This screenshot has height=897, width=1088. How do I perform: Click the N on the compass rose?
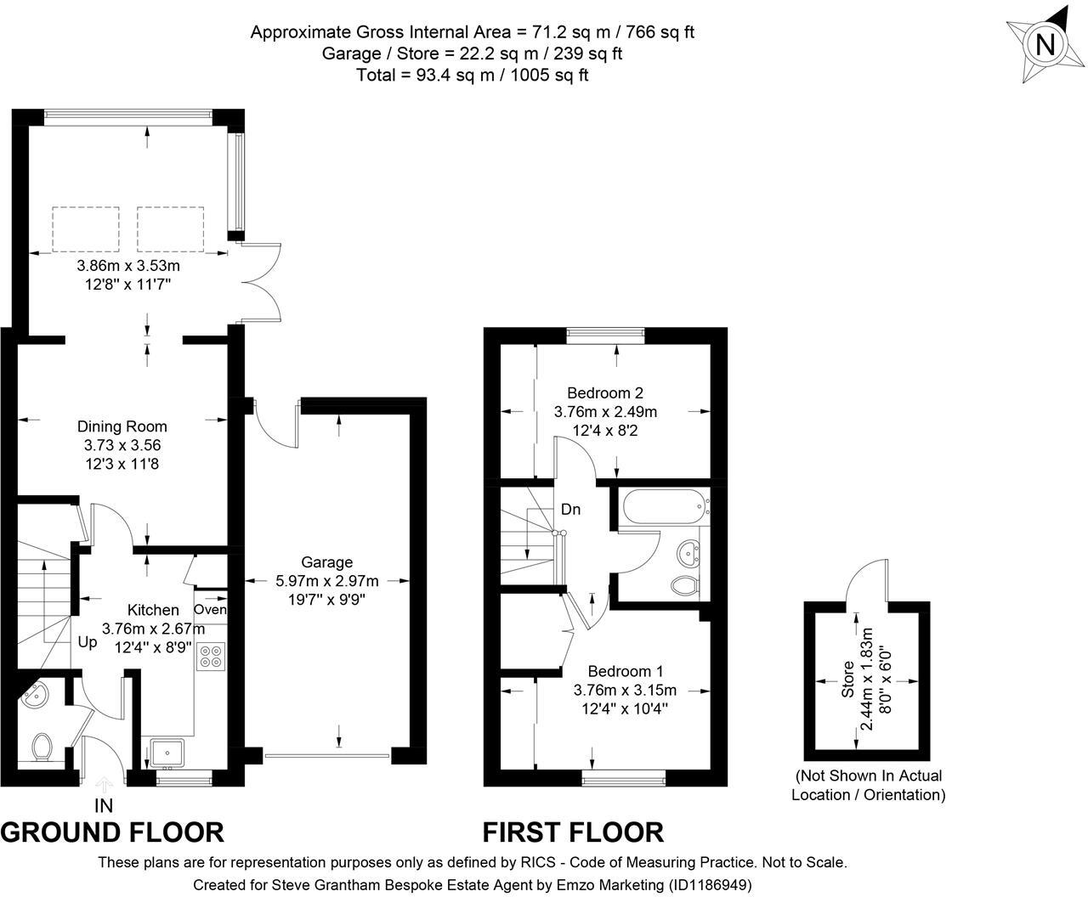(1045, 45)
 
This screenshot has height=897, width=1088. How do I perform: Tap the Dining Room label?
(122, 426)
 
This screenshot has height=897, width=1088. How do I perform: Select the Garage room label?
(326, 562)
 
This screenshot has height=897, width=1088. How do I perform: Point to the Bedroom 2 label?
(605, 392)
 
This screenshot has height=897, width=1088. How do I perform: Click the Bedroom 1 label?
(626, 671)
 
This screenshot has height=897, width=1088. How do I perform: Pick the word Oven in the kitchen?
(211, 609)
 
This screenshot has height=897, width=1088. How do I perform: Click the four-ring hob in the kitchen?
(211, 657)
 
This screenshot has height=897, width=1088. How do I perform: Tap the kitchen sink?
(167, 753)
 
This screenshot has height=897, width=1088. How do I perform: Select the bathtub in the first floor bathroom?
(664, 507)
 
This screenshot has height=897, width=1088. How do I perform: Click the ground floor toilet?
(42, 747)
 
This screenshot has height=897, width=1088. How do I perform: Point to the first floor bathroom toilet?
(685, 585)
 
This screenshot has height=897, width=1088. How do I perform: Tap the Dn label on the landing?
(570, 510)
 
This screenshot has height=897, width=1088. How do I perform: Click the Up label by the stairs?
(88, 642)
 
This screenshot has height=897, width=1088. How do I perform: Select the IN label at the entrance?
(104, 806)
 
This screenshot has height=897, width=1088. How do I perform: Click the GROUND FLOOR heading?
(112, 832)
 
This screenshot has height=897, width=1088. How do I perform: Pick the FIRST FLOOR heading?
(573, 832)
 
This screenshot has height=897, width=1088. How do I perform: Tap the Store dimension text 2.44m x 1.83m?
(865, 680)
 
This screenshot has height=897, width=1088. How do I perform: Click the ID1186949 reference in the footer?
(709, 884)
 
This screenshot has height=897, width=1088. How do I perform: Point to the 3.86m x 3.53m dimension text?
(128, 266)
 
